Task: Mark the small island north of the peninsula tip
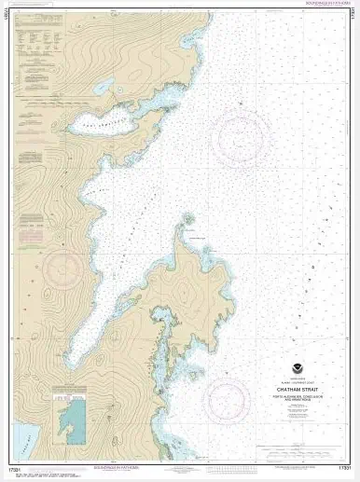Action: tap(188, 220)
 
